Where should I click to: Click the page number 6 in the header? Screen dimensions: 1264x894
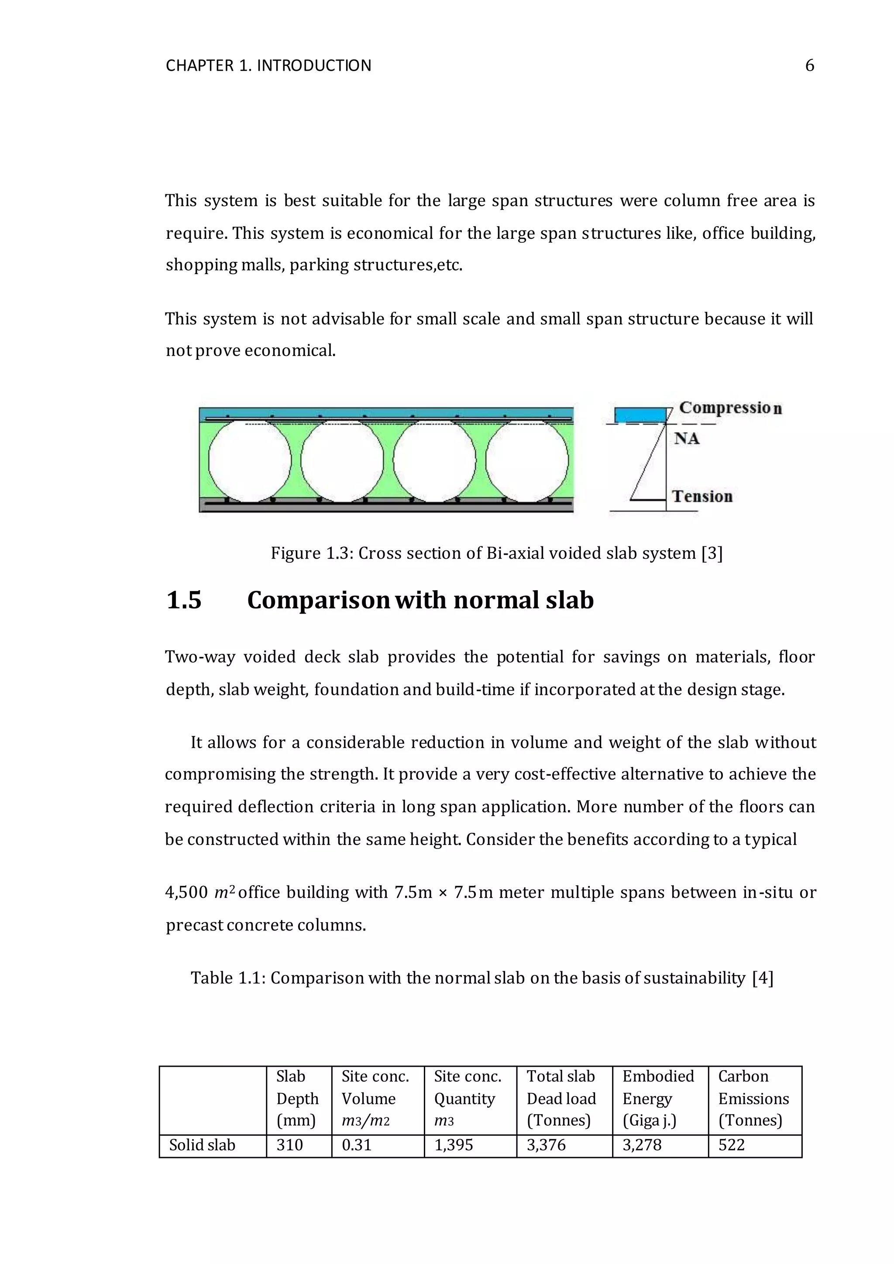(809, 65)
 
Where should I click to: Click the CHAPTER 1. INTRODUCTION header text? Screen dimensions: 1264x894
(268, 65)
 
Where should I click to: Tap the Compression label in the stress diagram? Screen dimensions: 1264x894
(730, 408)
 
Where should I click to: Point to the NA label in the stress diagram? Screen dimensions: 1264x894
(687, 439)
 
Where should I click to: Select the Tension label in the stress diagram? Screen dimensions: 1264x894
(702, 497)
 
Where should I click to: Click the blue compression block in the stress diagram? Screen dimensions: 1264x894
(640, 415)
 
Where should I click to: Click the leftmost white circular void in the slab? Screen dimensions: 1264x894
(250, 461)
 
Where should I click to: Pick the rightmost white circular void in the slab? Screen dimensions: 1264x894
(527, 461)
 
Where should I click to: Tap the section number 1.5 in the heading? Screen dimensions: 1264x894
(184, 600)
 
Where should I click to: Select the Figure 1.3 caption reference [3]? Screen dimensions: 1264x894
(712, 553)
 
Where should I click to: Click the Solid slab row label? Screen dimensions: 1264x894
(202, 1145)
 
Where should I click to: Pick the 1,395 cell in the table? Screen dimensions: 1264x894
(454, 1145)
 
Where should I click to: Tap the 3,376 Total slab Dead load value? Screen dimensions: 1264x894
(546, 1145)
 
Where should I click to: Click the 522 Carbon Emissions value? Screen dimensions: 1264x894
(731, 1145)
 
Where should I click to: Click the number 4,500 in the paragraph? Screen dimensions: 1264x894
(186, 893)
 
